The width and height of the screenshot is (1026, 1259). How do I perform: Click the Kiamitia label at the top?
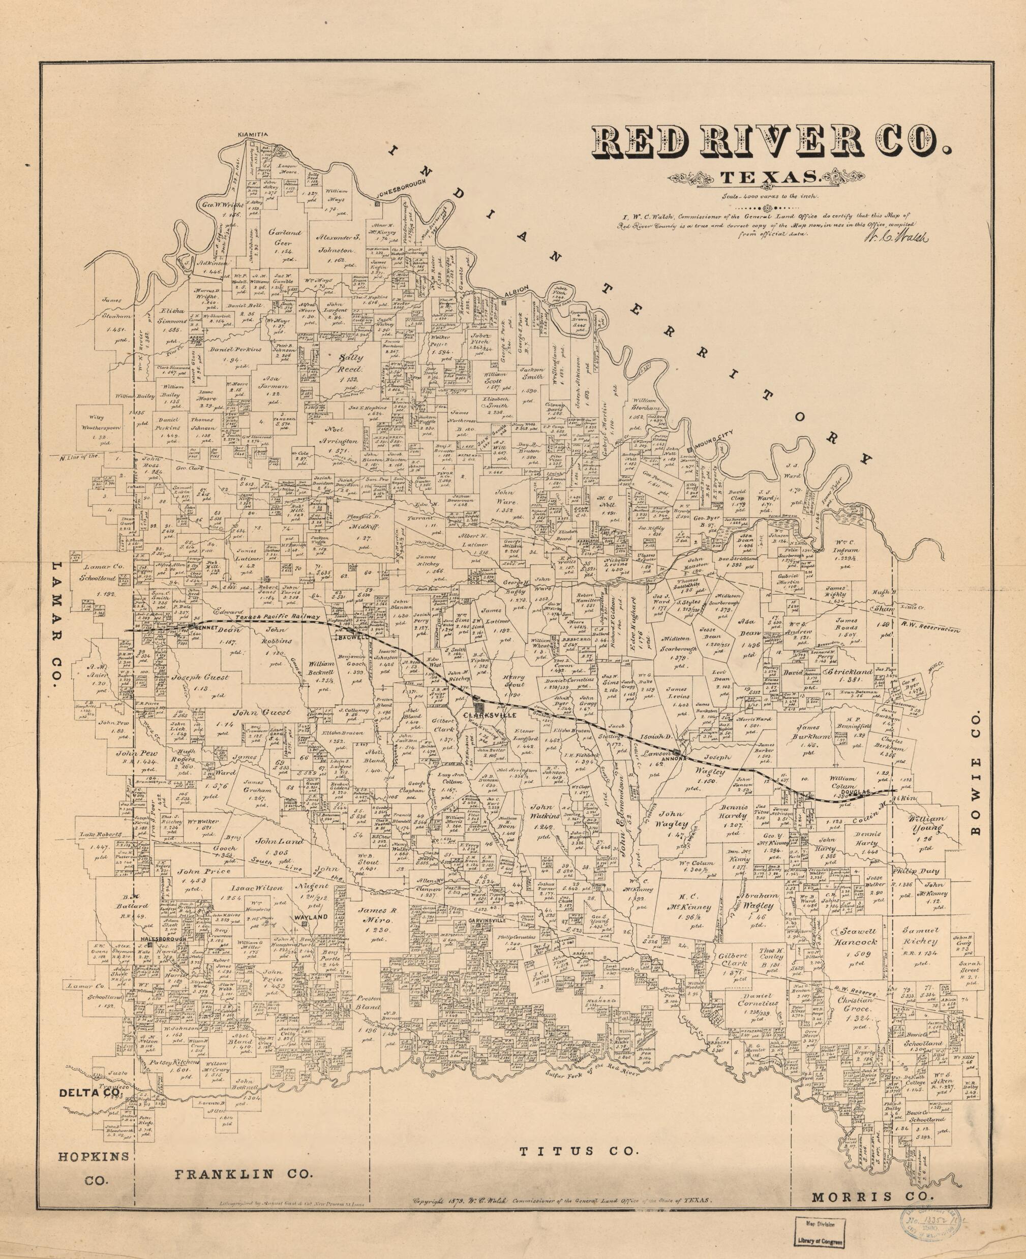(x=254, y=134)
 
